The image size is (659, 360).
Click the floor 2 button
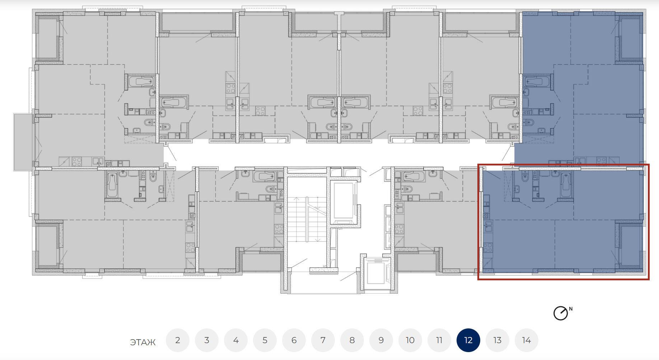point(178,340)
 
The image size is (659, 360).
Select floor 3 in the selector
point(207,340)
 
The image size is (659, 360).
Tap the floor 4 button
point(236,340)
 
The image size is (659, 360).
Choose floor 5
point(265,340)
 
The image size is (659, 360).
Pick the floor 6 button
point(294,340)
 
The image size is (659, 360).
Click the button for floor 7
point(323,340)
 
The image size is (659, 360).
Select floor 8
point(352,340)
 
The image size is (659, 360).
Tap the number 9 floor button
point(381,340)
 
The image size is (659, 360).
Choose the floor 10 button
point(410,340)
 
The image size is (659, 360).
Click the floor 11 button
point(439,340)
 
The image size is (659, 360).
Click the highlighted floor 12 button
point(468,340)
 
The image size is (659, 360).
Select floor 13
point(497,340)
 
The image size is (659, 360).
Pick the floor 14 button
point(527,340)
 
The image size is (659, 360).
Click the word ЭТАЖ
point(143,342)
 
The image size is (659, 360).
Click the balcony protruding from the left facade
point(24,142)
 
